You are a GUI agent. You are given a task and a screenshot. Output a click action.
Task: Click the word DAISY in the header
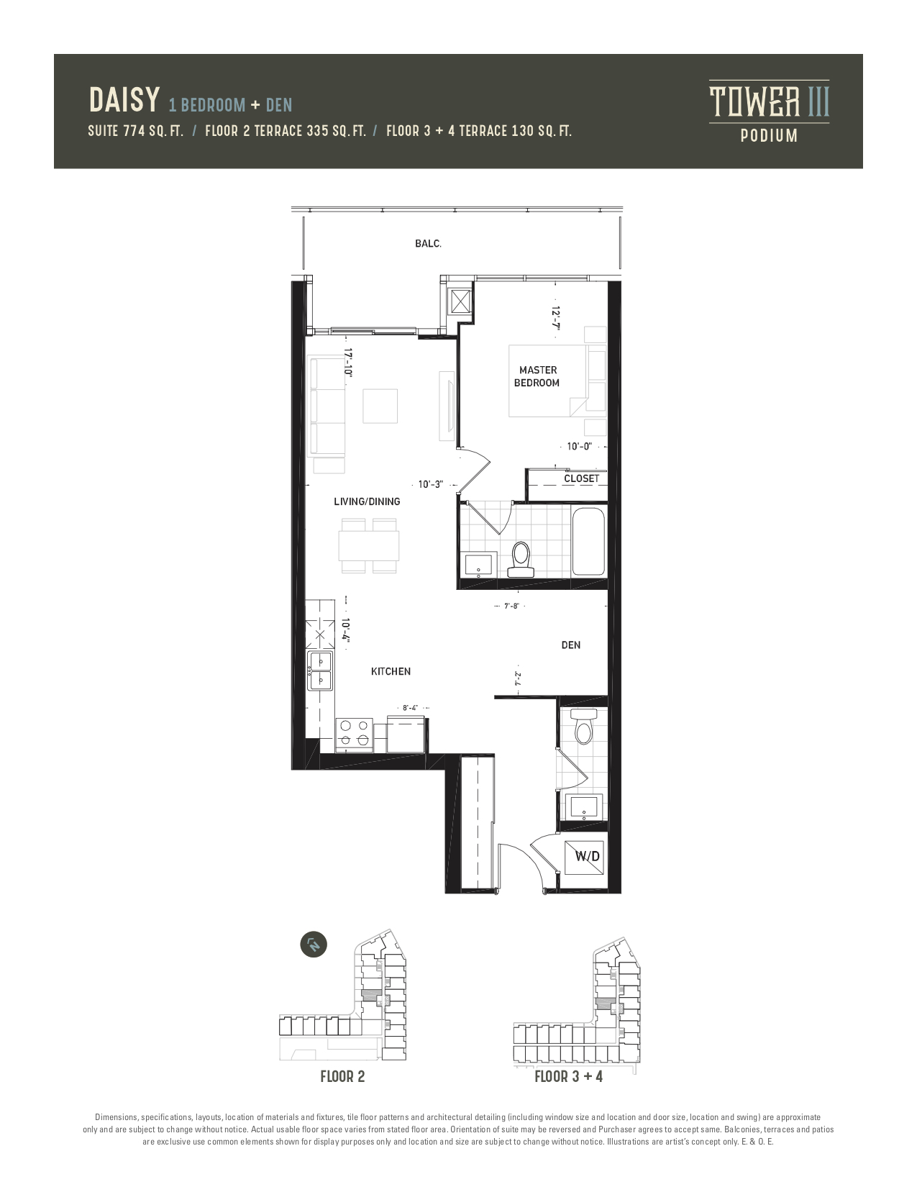pyautogui.click(x=124, y=100)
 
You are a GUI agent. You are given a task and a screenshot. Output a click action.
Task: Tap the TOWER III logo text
pyautogui.click(x=769, y=101)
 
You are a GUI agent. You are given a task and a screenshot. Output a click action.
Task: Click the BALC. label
pyautogui.click(x=428, y=244)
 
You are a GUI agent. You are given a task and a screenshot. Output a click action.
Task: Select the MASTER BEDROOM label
pyautogui.click(x=537, y=376)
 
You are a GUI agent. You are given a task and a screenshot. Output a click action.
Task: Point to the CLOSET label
pyautogui.click(x=582, y=478)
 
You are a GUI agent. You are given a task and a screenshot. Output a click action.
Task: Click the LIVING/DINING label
pyautogui.click(x=367, y=501)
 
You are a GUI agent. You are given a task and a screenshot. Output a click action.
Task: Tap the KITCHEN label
pyautogui.click(x=391, y=671)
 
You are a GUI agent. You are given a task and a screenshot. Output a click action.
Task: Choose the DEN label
pyautogui.click(x=571, y=645)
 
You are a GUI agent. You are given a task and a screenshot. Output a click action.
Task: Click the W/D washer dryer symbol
pyautogui.click(x=584, y=856)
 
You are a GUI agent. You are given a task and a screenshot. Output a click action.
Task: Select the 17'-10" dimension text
pyautogui.click(x=347, y=362)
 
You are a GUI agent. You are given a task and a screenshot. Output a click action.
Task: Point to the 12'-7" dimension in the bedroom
pyautogui.click(x=556, y=317)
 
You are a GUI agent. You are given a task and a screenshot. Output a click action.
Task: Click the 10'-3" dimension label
pyautogui.click(x=430, y=485)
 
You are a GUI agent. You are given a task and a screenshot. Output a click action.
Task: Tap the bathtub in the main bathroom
pyautogui.click(x=588, y=541)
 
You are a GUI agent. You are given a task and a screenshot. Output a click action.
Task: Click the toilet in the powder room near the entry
pyautogui.click(x=583, y=727)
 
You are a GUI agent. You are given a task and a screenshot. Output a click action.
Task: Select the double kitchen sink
pyautogui.click(x=320, y=670)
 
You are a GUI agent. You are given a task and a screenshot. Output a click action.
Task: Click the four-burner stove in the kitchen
pyautogui.click(x=354, y=733)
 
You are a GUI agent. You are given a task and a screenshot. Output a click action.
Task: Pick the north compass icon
pyautogui.click(x=314, y=945)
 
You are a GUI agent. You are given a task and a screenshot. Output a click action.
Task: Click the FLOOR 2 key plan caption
pyautogui.click(x=342, y=1077)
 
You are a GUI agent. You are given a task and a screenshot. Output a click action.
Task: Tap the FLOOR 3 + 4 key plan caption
pyautogui.click(x=569, y=1077)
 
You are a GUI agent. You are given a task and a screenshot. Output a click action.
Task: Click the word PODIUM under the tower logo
pyautogui.click(x=769, y=135)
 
